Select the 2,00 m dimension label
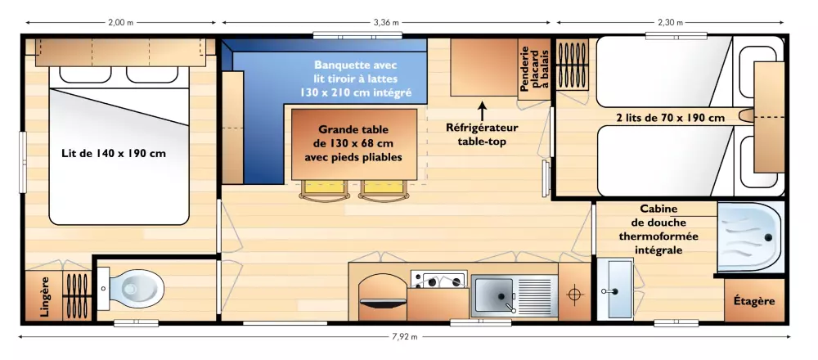pos(121,22)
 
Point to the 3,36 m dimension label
pos(387,22)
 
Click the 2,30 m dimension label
pos(671,22)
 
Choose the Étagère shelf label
pos(754,301)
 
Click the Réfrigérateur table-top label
pos(482,135)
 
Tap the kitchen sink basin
pos(492,296)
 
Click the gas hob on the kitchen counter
pos(438,280)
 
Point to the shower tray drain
pos(768,238)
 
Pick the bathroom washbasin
pos(616,289)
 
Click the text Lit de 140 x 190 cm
pos(113,153)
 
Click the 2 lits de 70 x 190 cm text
pos(671,118)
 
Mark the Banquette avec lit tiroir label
pos(355,79)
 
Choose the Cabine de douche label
pos(658,230)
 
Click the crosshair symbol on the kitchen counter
pos(574,295)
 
